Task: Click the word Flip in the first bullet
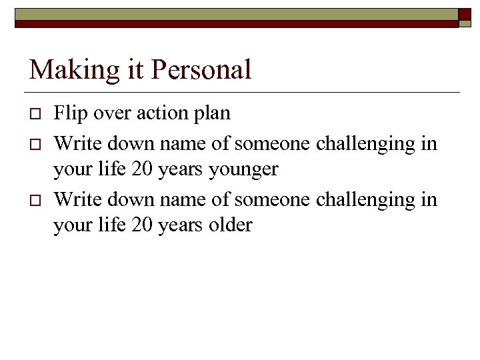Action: click(67, 113)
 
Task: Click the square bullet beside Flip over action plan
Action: click(35, 115)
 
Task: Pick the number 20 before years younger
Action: click(142, 169)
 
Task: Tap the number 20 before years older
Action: click(142, 225)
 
